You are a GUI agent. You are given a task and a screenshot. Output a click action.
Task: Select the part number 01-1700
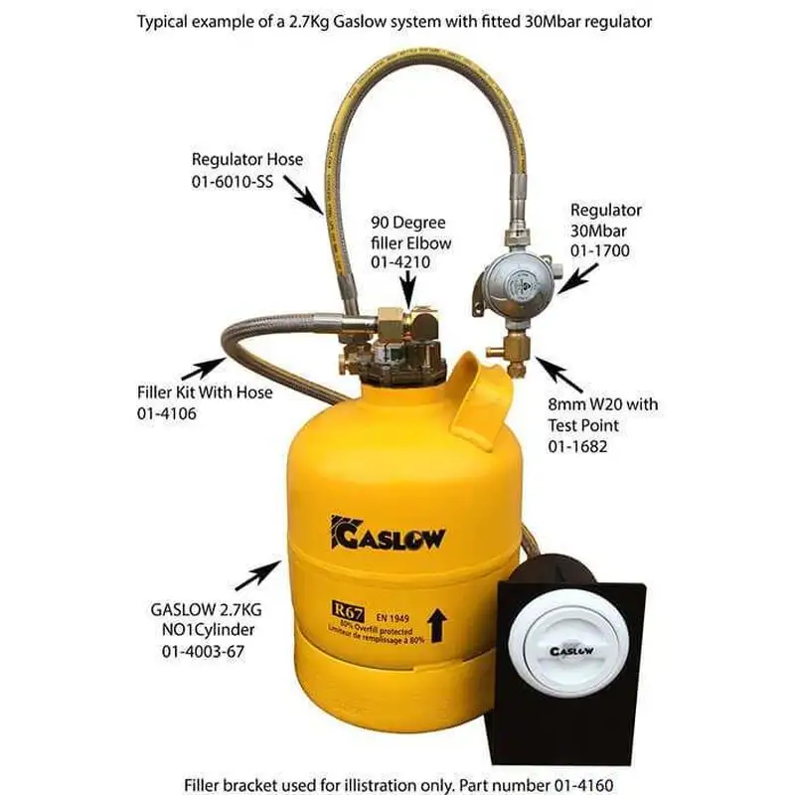click(x=600, y=252)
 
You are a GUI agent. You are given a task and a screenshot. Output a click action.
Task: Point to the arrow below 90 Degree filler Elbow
click(x=409, y=292)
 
